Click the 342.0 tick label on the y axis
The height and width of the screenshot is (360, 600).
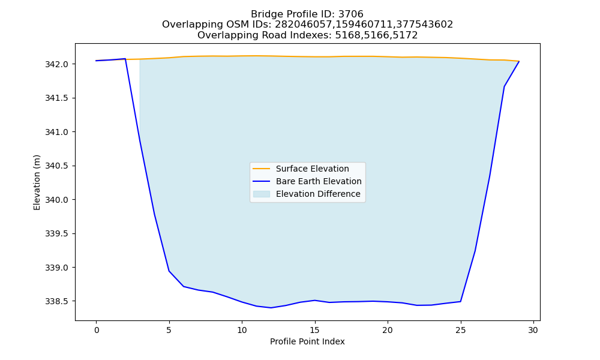pyautogui.click(x=56, y=64)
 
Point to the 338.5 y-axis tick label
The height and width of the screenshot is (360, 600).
pyautogui.click(x=56, y=301)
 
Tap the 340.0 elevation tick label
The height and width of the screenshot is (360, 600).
pyautogui.click(x=56, y=200)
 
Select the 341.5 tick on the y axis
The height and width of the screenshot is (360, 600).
pyautogui.click(x=56, y=98)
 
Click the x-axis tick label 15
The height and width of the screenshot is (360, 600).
pyautogui.click(x=314, y=330)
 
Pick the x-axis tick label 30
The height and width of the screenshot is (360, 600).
pyautogui.click(x=533, y=330)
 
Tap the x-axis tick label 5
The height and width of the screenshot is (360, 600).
pyautogui.click(x=169, y=330)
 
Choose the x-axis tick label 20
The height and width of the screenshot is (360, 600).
pyautogui.click(x=388, y=330)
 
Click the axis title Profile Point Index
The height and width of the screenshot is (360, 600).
pyautogui.click(x=307, y=341)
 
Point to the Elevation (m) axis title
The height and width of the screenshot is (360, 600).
pyautogui.click(x=37, y=182)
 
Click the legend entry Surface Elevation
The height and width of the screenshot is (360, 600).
pyautogui.click(x=312, y=169)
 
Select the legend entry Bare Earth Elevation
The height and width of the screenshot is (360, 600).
pyautogui.click(x=319, y=181)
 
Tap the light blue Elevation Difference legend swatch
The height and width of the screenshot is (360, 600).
pyautogui.click(x=262, y=194)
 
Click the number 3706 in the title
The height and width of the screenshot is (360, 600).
pyautogui.click(x=351, y=14)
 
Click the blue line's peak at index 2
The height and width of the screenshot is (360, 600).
pyautogui.click(x=125, y=59)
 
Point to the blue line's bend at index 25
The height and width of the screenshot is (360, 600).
pyautogui.click(x=460, y=301)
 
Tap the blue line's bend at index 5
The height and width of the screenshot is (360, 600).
pyautogui.click(x=169, y=271)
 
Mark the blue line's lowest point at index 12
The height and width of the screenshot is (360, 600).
pyautogui.click(x=271, y=308)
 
